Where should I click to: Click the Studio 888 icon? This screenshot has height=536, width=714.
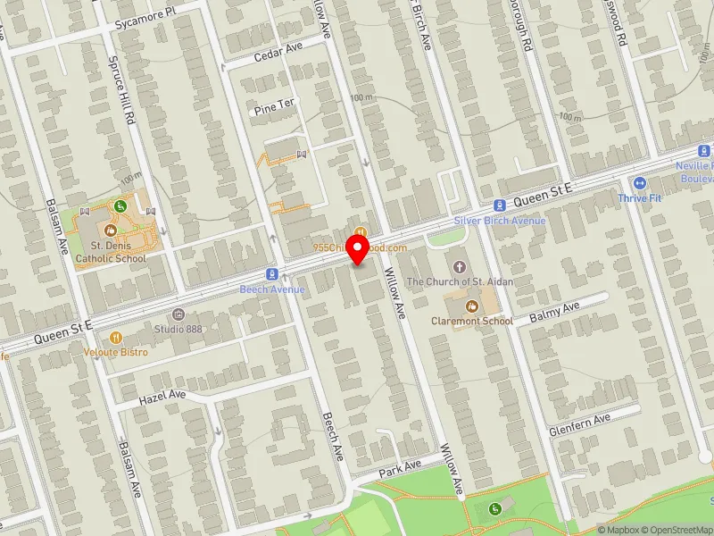click(x=178, y=314)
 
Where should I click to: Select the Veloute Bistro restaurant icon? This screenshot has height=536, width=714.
click(x=116, y=338)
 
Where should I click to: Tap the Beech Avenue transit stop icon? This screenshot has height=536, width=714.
click(x=272, y=273)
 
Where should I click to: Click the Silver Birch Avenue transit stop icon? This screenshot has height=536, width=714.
click(x=500, y=205)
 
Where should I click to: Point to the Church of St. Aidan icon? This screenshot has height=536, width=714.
click(x=460, y=267)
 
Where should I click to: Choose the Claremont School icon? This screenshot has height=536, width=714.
click(x=472, y=306)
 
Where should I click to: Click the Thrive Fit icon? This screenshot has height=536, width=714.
click(x=639, y=182)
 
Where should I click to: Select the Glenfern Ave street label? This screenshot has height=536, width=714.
click(x=580, y=418)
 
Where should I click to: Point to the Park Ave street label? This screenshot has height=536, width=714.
click(x=398, y=468)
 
